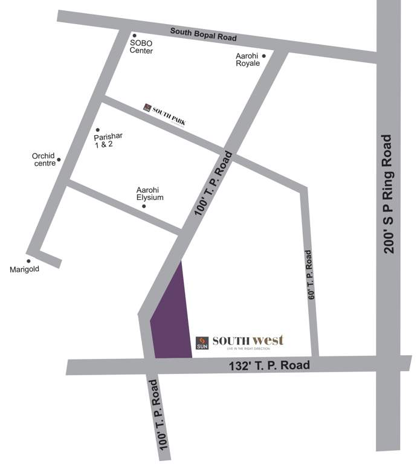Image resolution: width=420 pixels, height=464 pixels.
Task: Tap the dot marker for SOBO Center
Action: click(x=135, y=36)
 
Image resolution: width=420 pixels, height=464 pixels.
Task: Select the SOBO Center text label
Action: click(x=142, y=47)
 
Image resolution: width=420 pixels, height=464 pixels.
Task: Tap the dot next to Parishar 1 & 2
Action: click(x=98, y=130)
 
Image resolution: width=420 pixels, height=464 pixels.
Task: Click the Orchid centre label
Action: click(x=44, y=159)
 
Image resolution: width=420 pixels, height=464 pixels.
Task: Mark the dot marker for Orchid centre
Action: click(x=59, y=160)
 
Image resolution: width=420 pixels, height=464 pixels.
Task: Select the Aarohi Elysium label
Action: click(x=150, y=193)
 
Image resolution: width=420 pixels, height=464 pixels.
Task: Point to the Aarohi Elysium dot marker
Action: click(x=144, y=207)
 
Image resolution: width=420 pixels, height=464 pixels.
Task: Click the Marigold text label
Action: click(x=24, y=269)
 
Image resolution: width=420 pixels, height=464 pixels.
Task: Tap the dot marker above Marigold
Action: click(x=28, y=261)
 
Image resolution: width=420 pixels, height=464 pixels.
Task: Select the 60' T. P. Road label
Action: click(x=311, y=275)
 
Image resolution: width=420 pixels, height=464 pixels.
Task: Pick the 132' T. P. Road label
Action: click(x=270, y=366)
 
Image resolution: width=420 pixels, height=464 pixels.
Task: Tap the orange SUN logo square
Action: click(x=202, y=343)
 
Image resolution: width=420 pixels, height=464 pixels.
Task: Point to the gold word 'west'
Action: click(x=268, y=340)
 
